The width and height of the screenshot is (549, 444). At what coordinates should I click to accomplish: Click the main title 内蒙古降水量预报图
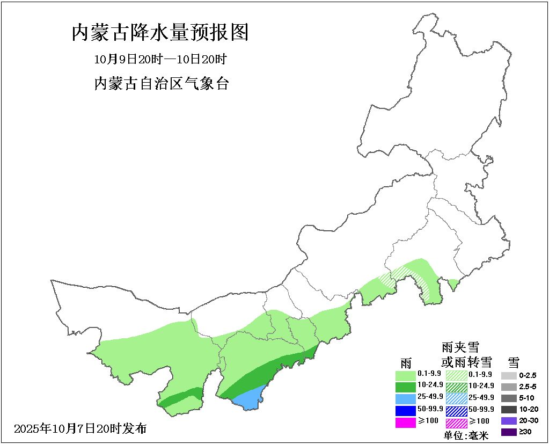point(160,33)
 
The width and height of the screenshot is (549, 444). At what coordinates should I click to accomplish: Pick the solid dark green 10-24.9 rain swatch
point(406,387)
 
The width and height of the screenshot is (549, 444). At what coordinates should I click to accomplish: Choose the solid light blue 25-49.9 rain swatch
point(406,398)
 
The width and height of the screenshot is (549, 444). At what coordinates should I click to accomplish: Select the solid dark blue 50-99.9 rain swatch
point(406,410)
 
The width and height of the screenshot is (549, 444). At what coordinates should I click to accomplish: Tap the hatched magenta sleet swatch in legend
point(456,423)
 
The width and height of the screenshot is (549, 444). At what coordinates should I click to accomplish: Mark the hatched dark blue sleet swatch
point(456,411)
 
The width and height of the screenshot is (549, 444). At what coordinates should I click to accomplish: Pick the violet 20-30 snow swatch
point(509,421)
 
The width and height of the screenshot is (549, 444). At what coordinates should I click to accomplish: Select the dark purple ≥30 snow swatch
point(509,432)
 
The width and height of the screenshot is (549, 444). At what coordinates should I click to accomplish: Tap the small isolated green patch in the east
point(453,283)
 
